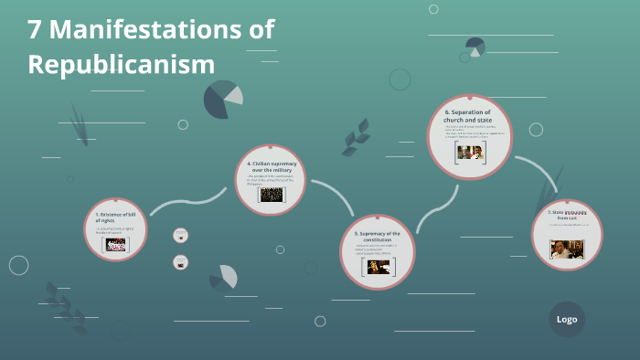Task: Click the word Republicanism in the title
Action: tap(121, 65)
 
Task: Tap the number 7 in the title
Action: tap(35, 29)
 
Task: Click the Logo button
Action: tap(567, 319)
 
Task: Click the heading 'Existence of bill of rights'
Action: tap(115, 217)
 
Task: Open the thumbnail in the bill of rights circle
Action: tap(116, 245)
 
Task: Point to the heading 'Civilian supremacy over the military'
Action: tap(270, 166)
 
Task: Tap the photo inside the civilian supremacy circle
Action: tap(270, 195)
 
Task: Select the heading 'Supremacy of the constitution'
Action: tap(378, 237)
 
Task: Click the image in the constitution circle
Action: tap(378, 267)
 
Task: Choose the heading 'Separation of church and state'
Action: tap(469, 116)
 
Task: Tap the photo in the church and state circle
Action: tap(469, 153)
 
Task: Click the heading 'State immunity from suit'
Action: tap(567, 215)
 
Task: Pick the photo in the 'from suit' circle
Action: tap(567, 249)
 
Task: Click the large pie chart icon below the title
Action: tap(222, 99)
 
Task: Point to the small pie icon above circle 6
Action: tap(475, 47)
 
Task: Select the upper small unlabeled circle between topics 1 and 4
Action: tap(180, 235)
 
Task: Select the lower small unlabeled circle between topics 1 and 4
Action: tap(180, 262)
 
